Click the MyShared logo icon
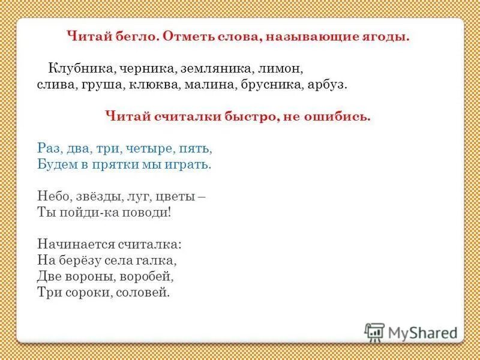point(374,332)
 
